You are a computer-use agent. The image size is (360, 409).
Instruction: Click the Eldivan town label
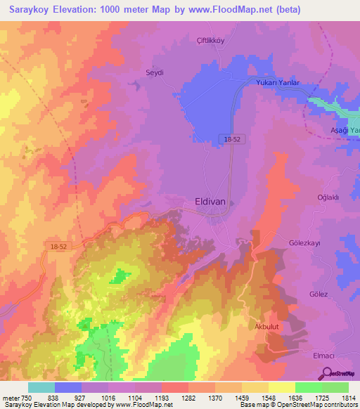click(x=210, y=201)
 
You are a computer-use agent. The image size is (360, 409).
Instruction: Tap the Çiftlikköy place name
click(x=209, y=40)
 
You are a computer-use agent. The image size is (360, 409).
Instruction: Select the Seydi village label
click(x=154, y=72)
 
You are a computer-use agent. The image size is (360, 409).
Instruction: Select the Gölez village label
click(x=319, y=294)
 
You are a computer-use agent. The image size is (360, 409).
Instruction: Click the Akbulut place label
click(x=268, y=327)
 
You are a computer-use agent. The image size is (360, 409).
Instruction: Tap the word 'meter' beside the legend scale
click(x=10, y=396)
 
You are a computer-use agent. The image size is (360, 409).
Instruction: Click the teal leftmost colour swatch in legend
click(x=41, y=387)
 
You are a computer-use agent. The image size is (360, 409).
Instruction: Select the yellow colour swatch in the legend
click(x=281, y=387)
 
